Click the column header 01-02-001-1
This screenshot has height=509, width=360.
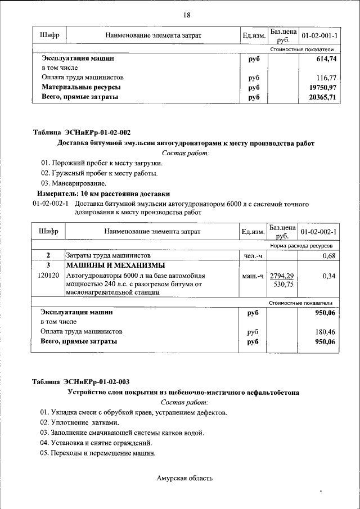tap(319, 36)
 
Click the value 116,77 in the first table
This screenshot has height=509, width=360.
tap(326, 78)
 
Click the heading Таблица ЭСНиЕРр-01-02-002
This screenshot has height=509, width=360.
tap(82, 133)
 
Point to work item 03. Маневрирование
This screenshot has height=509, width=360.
tap(73, 183)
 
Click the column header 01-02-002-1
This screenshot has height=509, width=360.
tap(318, 232)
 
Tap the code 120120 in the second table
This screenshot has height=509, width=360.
tap(48, 276)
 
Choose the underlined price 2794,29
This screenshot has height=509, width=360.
tap(282, 276)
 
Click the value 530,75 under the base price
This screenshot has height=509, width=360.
tap(282, 285)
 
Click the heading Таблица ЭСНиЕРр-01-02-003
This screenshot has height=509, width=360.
tap(82, 382)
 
